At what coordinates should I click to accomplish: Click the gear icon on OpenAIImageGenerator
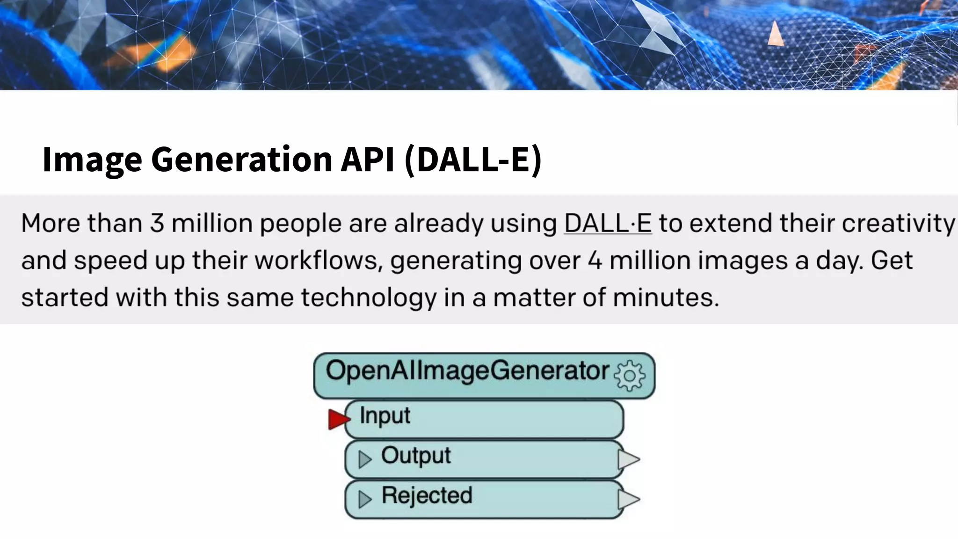(x=629, y=375)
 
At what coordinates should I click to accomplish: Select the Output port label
(x=416, y=456)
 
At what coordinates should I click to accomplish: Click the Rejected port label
(x=427, y=495)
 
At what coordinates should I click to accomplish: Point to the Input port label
(x=385, y=416)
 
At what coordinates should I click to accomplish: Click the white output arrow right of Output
(x=628, y=459)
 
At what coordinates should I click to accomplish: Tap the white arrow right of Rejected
(x=628, y=499)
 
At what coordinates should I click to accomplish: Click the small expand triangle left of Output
(x=364, y=459)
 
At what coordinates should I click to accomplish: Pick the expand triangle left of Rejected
(x=364, y=499)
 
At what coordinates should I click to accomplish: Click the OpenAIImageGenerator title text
(x=467, y=371)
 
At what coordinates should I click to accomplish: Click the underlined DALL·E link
(x=608, y=223)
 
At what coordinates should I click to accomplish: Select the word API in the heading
(x=367, y=159)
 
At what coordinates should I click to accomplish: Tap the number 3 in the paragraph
(x=157, y=223)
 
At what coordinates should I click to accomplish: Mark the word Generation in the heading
(x=241, y=159)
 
